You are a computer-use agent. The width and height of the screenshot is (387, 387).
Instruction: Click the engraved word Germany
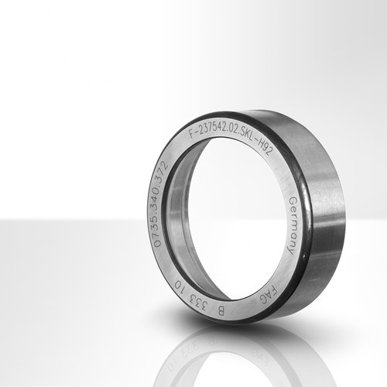tap(292, 226)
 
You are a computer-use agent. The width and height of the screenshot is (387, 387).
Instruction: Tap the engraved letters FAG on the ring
tap(269, 295)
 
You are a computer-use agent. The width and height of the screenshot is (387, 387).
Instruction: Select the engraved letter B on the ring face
tap(221, 311)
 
